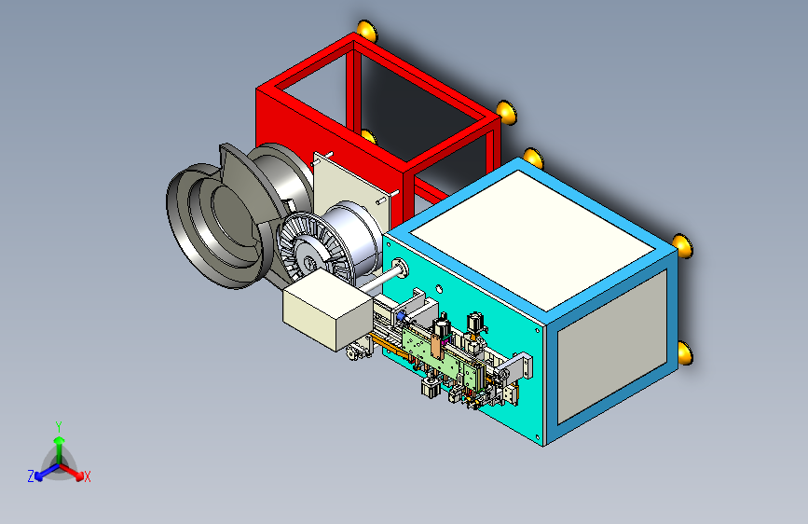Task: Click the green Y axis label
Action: click(59, 426)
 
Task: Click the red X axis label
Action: click(88, 476)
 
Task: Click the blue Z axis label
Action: click(31, 476)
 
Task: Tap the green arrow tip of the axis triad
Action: click(60, 440)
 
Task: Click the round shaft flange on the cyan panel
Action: click(401, 269)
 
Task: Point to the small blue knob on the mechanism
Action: click(401, 315)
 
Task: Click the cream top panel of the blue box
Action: click(533, 240)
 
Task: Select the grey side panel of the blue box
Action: click(612, 346)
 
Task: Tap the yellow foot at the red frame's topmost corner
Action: click(367, 31)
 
